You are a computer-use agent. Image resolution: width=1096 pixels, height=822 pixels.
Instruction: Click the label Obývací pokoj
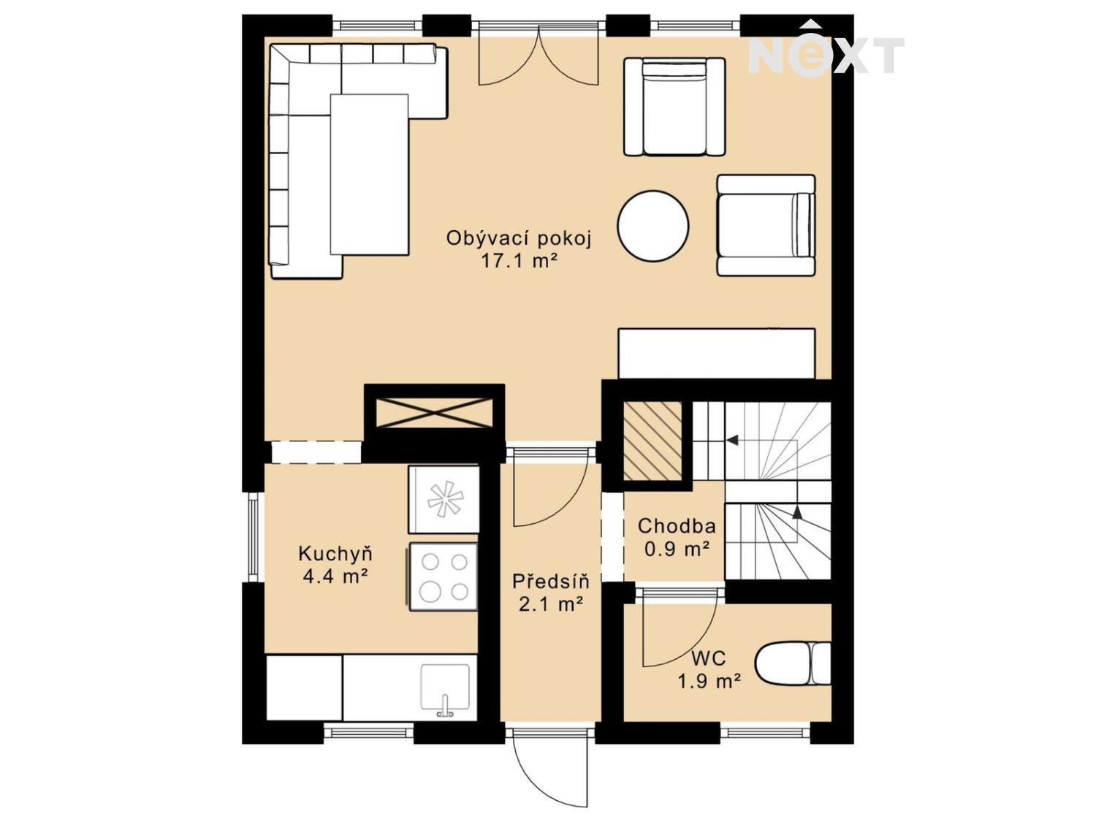click(518, 238)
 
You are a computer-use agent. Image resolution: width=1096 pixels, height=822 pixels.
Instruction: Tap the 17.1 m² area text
click(518, 261)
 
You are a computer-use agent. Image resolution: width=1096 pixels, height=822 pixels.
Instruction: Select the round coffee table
click(652, 226)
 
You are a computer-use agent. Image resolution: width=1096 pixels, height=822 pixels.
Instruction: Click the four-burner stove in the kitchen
click(444, 576)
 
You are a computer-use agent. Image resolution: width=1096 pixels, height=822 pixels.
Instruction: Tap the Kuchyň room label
click(335, 553)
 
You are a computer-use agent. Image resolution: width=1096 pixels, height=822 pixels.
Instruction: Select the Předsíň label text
click(550, 582)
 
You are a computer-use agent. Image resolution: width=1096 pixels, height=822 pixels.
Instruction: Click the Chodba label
click(676, 526)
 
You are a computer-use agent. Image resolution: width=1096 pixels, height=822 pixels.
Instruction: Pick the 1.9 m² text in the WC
click(709, 682)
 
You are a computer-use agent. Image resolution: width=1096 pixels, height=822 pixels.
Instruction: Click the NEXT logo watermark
click(826, 53)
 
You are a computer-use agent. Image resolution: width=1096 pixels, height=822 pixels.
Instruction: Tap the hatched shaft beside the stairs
click(652, 441)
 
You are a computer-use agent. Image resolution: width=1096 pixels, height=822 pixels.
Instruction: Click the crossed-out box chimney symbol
click(435, 414)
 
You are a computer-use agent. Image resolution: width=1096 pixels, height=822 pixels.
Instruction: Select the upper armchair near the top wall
click(674, 107)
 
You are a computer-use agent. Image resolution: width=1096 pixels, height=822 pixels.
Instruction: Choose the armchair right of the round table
click(766, 225)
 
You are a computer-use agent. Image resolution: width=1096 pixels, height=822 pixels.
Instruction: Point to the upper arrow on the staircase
click(731, 441)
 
